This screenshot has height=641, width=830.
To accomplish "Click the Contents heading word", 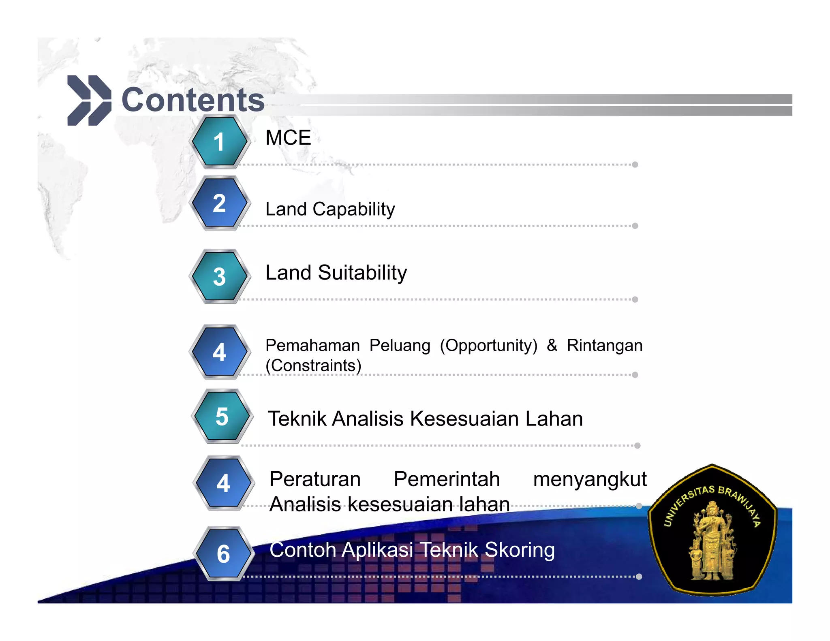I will coord(193,100).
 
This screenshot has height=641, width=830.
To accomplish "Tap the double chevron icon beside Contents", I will coord(89,100).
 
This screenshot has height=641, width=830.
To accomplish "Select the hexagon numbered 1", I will coord(219,142).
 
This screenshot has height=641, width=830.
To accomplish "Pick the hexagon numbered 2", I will coord(219,203).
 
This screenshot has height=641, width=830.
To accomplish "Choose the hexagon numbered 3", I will coord(219,276).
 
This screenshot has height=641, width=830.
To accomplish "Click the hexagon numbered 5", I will coord(222,417).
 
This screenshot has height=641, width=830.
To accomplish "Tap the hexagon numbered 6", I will coord(223,553).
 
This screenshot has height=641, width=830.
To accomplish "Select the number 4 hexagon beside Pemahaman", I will coord(219,352).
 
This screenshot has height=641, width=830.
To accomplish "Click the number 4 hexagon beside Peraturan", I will coord(223,483).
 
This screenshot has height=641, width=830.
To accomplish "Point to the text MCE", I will coord(288,138).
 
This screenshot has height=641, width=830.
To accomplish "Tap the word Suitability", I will coord(362,272).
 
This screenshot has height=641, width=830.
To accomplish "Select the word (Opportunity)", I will coord(488,346).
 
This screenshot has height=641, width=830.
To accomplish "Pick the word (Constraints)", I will coord(313,365).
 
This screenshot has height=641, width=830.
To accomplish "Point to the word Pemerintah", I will coord(447,479).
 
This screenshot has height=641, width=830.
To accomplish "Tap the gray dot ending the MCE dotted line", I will coord(635,165).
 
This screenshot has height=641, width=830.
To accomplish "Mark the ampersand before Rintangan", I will coord(552,345).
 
